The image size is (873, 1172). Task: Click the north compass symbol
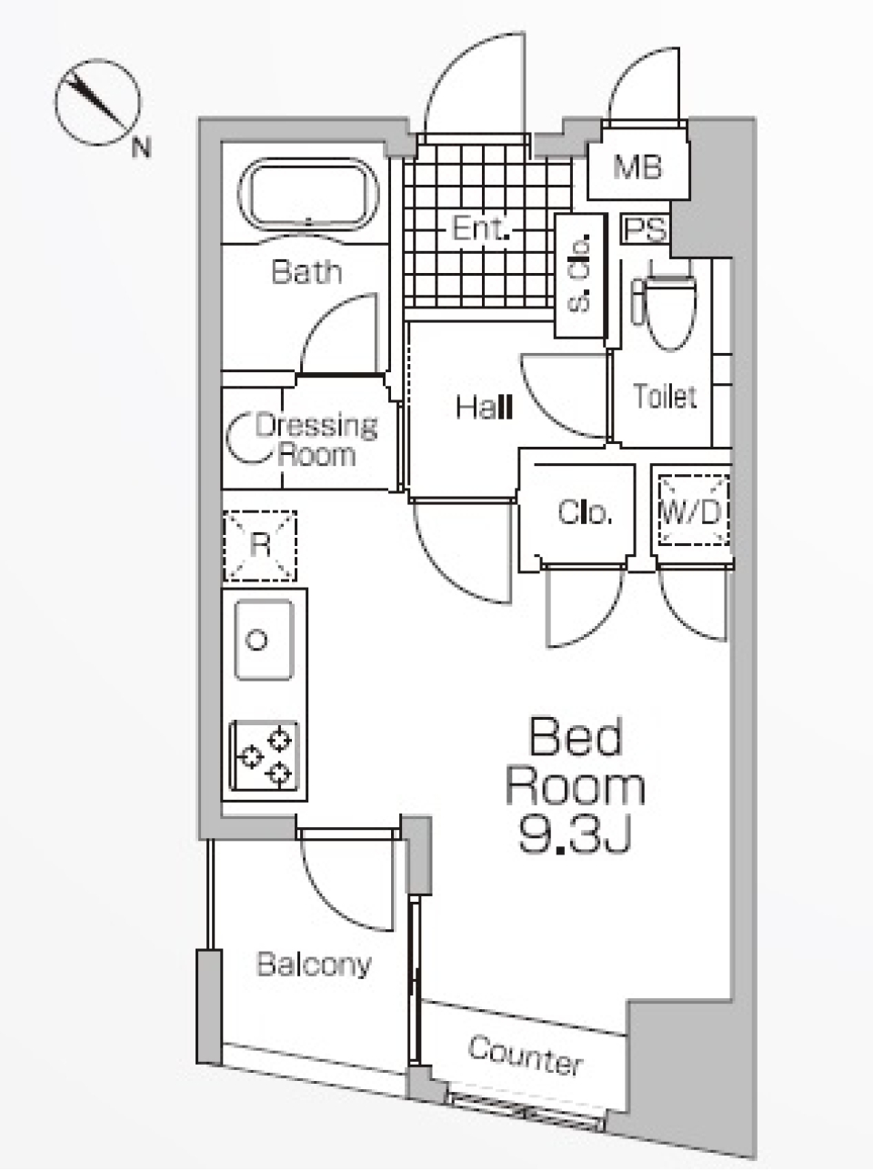coord(98,102)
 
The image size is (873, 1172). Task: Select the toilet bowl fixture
coord(667,306)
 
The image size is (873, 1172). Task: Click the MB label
coord(637,167)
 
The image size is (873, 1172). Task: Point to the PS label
coord(645,229)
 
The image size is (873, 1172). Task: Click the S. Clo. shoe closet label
coord(579,273)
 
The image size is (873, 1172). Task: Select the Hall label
coord(484,408)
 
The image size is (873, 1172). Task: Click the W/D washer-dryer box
coord(693,511)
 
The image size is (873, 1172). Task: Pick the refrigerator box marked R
coord(260,545)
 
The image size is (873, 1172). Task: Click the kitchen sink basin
coord(264,639)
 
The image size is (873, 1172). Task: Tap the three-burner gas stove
coord(264,755)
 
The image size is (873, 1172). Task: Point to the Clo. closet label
coord(585,512)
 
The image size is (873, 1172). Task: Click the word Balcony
coord(314,965)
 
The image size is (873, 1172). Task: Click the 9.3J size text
coord(575,835)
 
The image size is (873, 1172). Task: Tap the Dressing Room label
coord(316,440)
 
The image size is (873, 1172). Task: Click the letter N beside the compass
coord(141,146)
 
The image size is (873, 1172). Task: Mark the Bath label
coord(306,272)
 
